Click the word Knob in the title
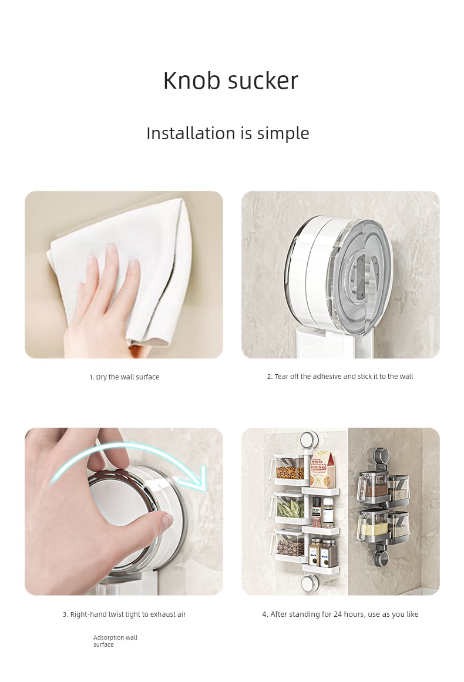pyautogui.click(x=192, y=80)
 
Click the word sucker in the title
pyautogui.click(x=263, y=81)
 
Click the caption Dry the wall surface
pyautogui.click(x=125, y=377)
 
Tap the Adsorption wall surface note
pyautogui.click(x=115, y=641)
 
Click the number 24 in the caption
pyautogui.click(x=338, y=614)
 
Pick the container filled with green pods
pyautogui.click(x=288, y=508)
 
